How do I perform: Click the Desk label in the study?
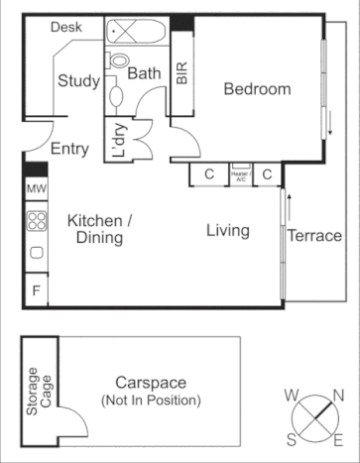(66, 29)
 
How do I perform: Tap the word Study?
(76, 80)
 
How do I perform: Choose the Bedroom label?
(257, 89)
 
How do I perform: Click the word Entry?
(69, 150)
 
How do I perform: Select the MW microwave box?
(36, 188)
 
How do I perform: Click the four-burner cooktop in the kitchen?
(36, 221)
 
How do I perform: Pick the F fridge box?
(36, 291)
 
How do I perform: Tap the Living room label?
(227, 231)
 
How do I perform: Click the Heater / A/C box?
(241, 174)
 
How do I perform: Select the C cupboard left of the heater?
(209, 174)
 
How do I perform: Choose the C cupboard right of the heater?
(267, 174)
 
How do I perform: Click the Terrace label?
(314, 236)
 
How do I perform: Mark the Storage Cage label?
(39, 390)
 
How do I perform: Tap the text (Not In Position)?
(150, 401)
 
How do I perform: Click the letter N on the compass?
(338, 396)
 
